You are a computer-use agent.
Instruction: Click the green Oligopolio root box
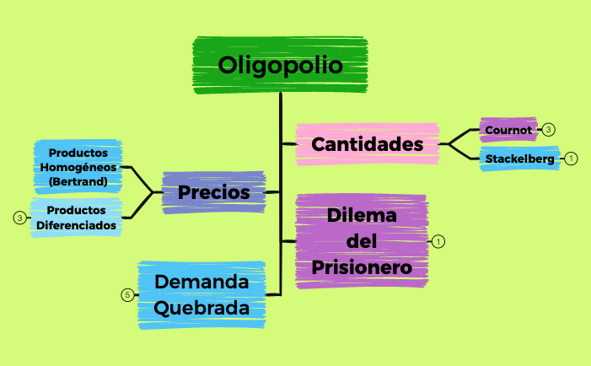pos(280,65)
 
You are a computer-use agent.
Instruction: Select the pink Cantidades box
pos(367,144)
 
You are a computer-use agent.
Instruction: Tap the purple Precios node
pos(213,193)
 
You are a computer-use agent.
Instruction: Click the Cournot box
pos(508,130)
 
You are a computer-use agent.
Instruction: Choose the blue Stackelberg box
pos(520,159)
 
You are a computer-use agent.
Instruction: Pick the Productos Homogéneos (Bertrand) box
pos(78,167)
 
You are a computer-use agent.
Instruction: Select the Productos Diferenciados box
pos(76,217)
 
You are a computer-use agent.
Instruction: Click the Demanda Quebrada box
pos(201,294)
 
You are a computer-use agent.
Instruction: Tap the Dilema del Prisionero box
pos(361,241)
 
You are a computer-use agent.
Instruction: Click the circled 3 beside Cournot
pos(549,130)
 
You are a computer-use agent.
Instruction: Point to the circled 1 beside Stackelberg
pos(571,159)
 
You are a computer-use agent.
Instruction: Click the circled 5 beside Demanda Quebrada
pos(127,295)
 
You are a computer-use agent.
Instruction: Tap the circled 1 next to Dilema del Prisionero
pos(438,241)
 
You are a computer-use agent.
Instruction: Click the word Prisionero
pos(361,268)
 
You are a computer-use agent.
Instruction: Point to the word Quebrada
pos(201,308)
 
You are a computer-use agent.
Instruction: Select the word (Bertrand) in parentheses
pos(78,181)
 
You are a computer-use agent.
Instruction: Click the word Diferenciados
pos(76,224)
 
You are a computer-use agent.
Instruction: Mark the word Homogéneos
pos(78,167)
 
